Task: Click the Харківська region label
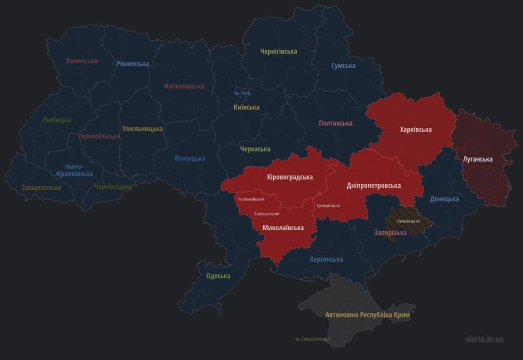click(415, 129)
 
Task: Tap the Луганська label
click(477, 159)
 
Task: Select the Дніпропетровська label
click(373, 186)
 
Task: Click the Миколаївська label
click(283, 228)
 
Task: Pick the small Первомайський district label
click(251, 199)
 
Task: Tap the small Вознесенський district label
click(266, 213)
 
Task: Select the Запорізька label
click(390, 233)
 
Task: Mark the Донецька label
click(444, 199)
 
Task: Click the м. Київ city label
click(242, 93)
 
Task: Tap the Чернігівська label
click(279, 51)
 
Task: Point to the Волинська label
click(82, 61)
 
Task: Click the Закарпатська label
click(41, 187)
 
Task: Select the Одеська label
click(218, 276)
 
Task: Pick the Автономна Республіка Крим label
click(367, 316)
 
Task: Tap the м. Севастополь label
click(312, 339)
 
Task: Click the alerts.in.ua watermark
click(484, 339)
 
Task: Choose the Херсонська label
click(326, 260)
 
